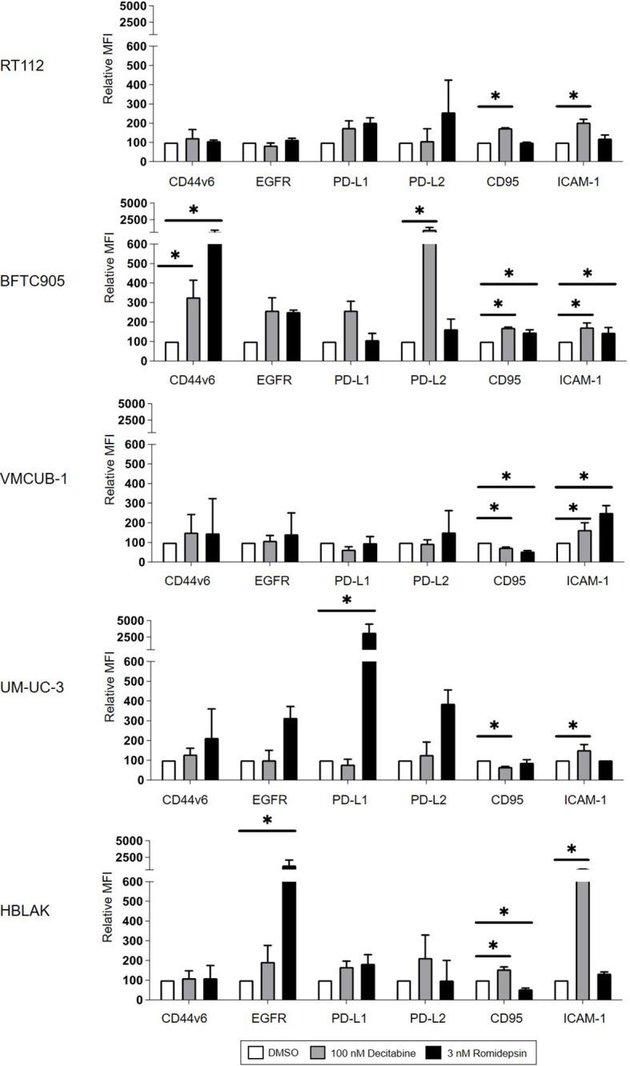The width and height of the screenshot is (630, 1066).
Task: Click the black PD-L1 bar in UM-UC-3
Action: [369, 704]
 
